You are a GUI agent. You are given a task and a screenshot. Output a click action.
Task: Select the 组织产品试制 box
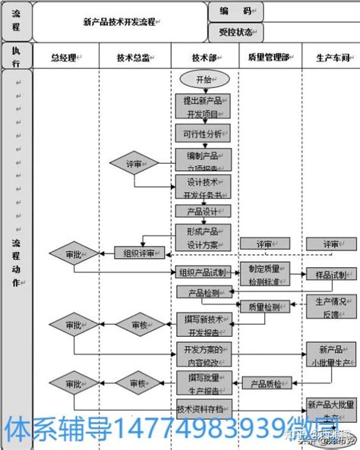[202, 272]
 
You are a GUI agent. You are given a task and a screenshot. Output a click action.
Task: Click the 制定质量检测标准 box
[264, 275]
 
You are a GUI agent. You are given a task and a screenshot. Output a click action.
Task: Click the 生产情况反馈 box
[330, 307]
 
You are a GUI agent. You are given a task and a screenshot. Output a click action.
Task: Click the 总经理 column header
[65, 57]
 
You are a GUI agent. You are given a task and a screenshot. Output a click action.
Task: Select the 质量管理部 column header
[269, 57]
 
